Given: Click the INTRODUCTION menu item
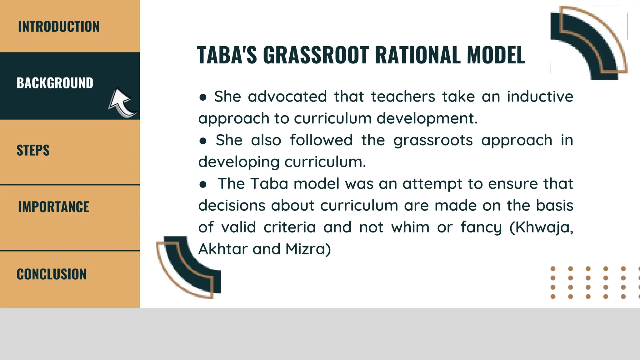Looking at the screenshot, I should pos(58,27).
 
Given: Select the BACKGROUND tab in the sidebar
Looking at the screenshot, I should pos(55,83).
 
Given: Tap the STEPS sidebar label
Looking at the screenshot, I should pos(33,150).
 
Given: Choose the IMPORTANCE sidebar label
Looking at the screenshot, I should pos(53,207).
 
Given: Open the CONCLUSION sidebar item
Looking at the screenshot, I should pos(52,274).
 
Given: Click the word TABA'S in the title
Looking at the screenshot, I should pos(227,55).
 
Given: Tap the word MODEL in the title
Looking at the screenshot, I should pos(496,55).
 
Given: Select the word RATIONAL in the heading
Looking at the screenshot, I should pos(418,55).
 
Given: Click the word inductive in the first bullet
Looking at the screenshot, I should pos(540,97).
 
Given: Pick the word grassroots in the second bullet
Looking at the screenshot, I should pos(433,140).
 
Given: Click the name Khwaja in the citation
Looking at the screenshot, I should pos(544,227).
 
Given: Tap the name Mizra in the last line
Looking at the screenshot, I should pos(308,249).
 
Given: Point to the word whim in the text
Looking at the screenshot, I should pos(410,227).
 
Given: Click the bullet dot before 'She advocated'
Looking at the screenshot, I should pos(203,97).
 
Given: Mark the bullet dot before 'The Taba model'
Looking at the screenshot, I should pos(203,185).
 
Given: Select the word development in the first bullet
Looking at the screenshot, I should pos(427,118).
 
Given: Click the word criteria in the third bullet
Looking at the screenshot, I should pos(289,227).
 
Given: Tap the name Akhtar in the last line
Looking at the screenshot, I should pos(223,249).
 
